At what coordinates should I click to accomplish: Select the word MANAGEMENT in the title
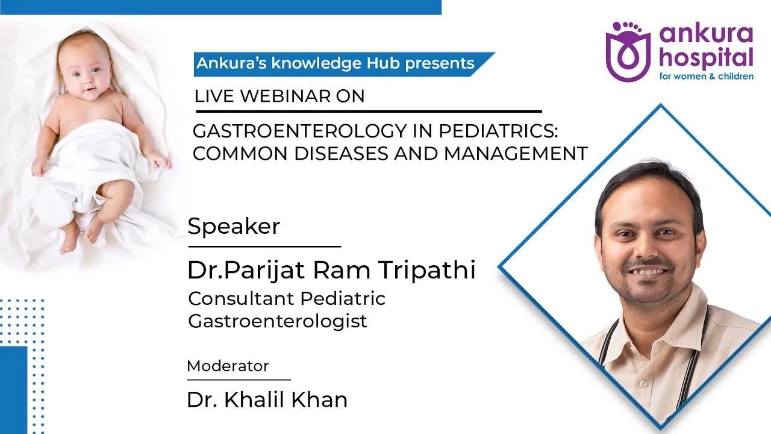pyautogui.click(x=515, y=153)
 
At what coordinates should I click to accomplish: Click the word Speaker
pyautogui.click(x=234, y=226)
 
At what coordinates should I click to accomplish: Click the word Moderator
pyautogui.click(x=228, y=366)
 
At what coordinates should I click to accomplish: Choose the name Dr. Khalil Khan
pyautogui.click(x=267, y=400)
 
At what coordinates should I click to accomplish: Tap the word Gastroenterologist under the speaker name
pyautogui.click(x=278, y=322)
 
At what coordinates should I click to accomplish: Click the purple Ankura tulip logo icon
pyautogui.click(x=628, y=52)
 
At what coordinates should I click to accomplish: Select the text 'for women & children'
pyautogui.click(x=707, y=76)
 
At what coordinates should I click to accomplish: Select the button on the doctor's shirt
pyautogui.click(x=641, y=383)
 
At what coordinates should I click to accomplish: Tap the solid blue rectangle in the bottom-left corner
pyautogui.click(x=13, y=390)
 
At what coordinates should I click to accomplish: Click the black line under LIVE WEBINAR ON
pyautogui.click(x=369, y=112)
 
